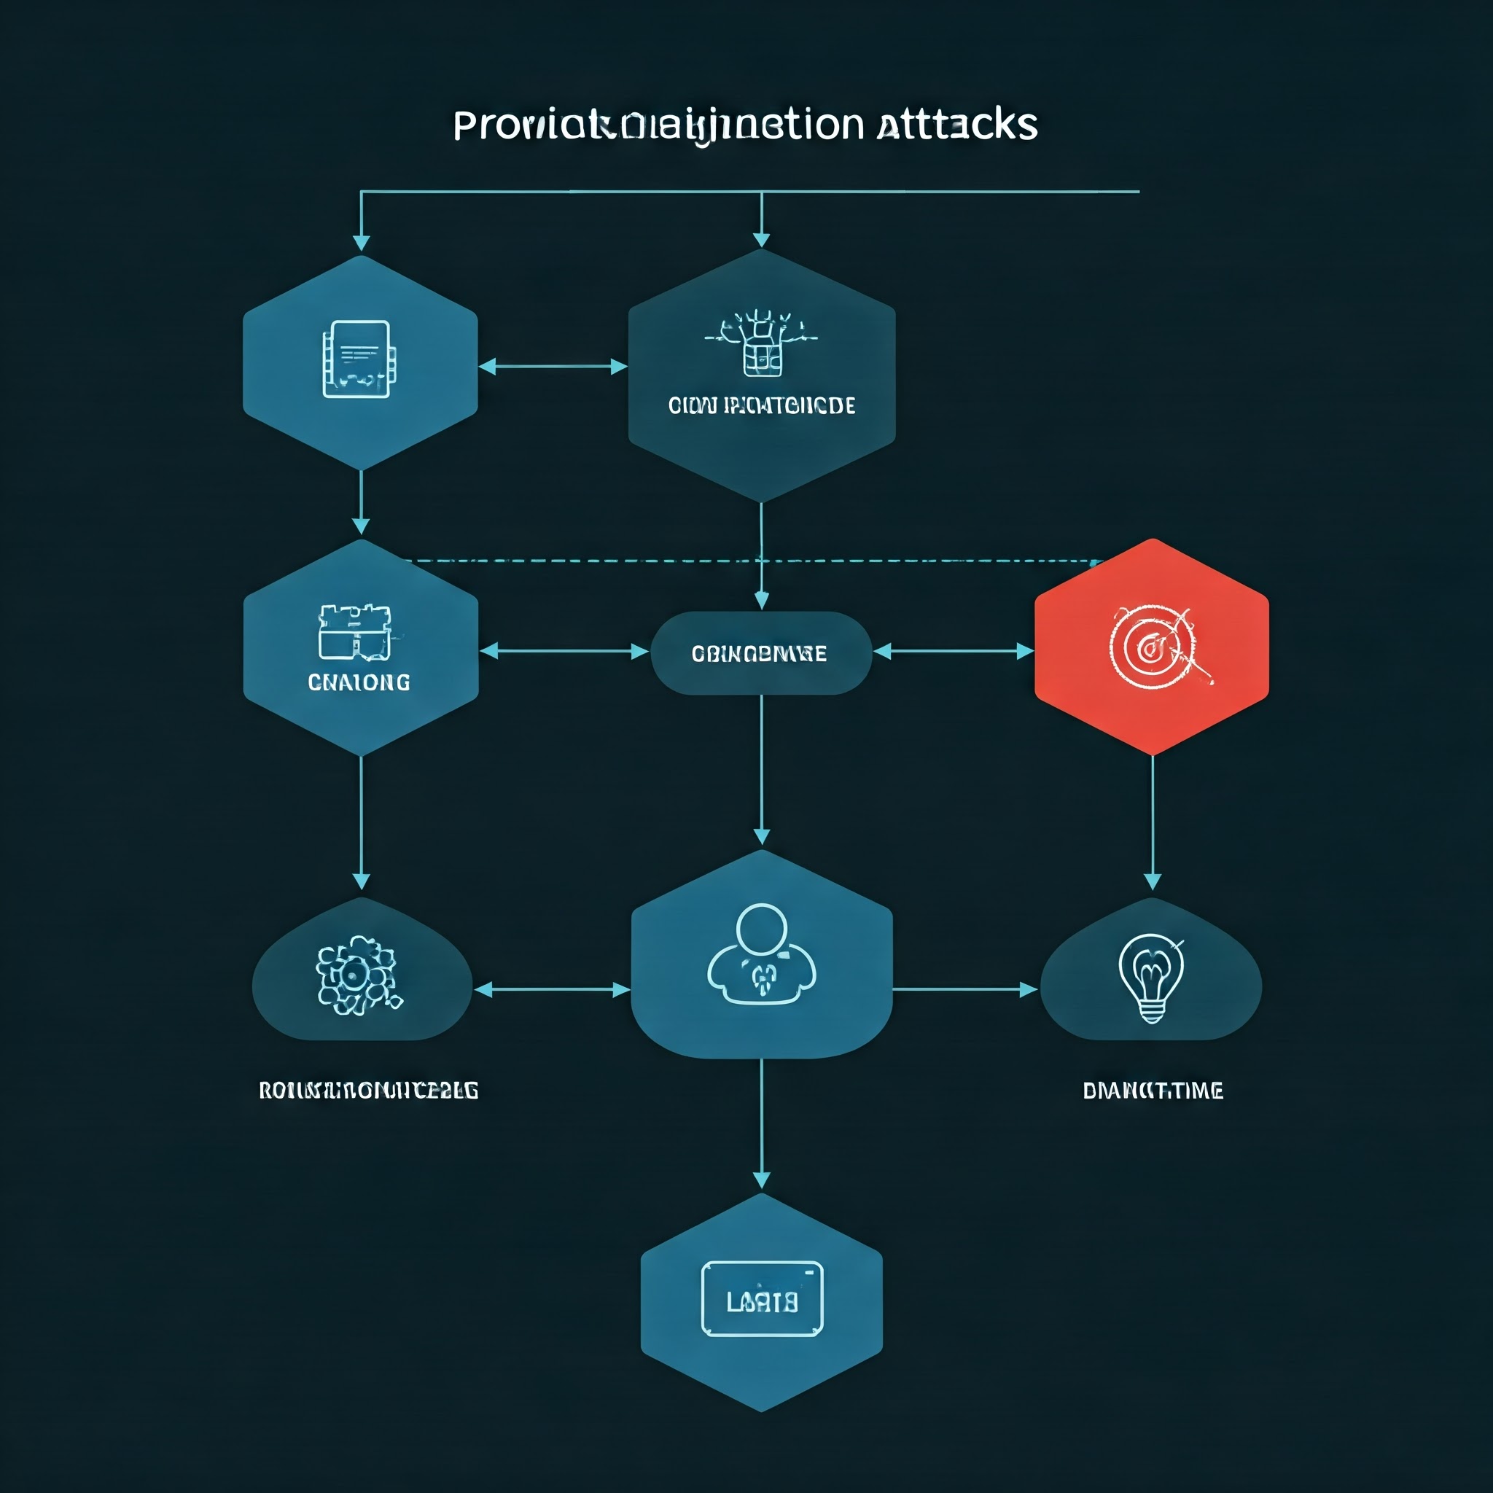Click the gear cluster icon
(357, 975)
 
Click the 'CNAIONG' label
(359, 682)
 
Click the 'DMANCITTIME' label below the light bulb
(1153, 1091)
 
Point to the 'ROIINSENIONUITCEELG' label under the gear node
(368, 1091)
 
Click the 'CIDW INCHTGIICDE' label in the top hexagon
(761, 406)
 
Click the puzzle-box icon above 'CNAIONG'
(356, 632)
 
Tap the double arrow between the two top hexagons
(553, 366)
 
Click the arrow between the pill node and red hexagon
(954, 652)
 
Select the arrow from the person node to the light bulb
(964, 989)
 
